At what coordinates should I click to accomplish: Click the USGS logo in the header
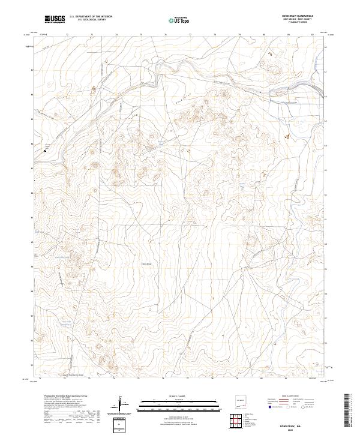coord(55,19)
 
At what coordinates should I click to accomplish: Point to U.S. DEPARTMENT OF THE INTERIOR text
coord(91,17)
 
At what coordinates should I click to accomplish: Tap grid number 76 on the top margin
coord(165,35)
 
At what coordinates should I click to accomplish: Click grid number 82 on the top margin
coord(313,35)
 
